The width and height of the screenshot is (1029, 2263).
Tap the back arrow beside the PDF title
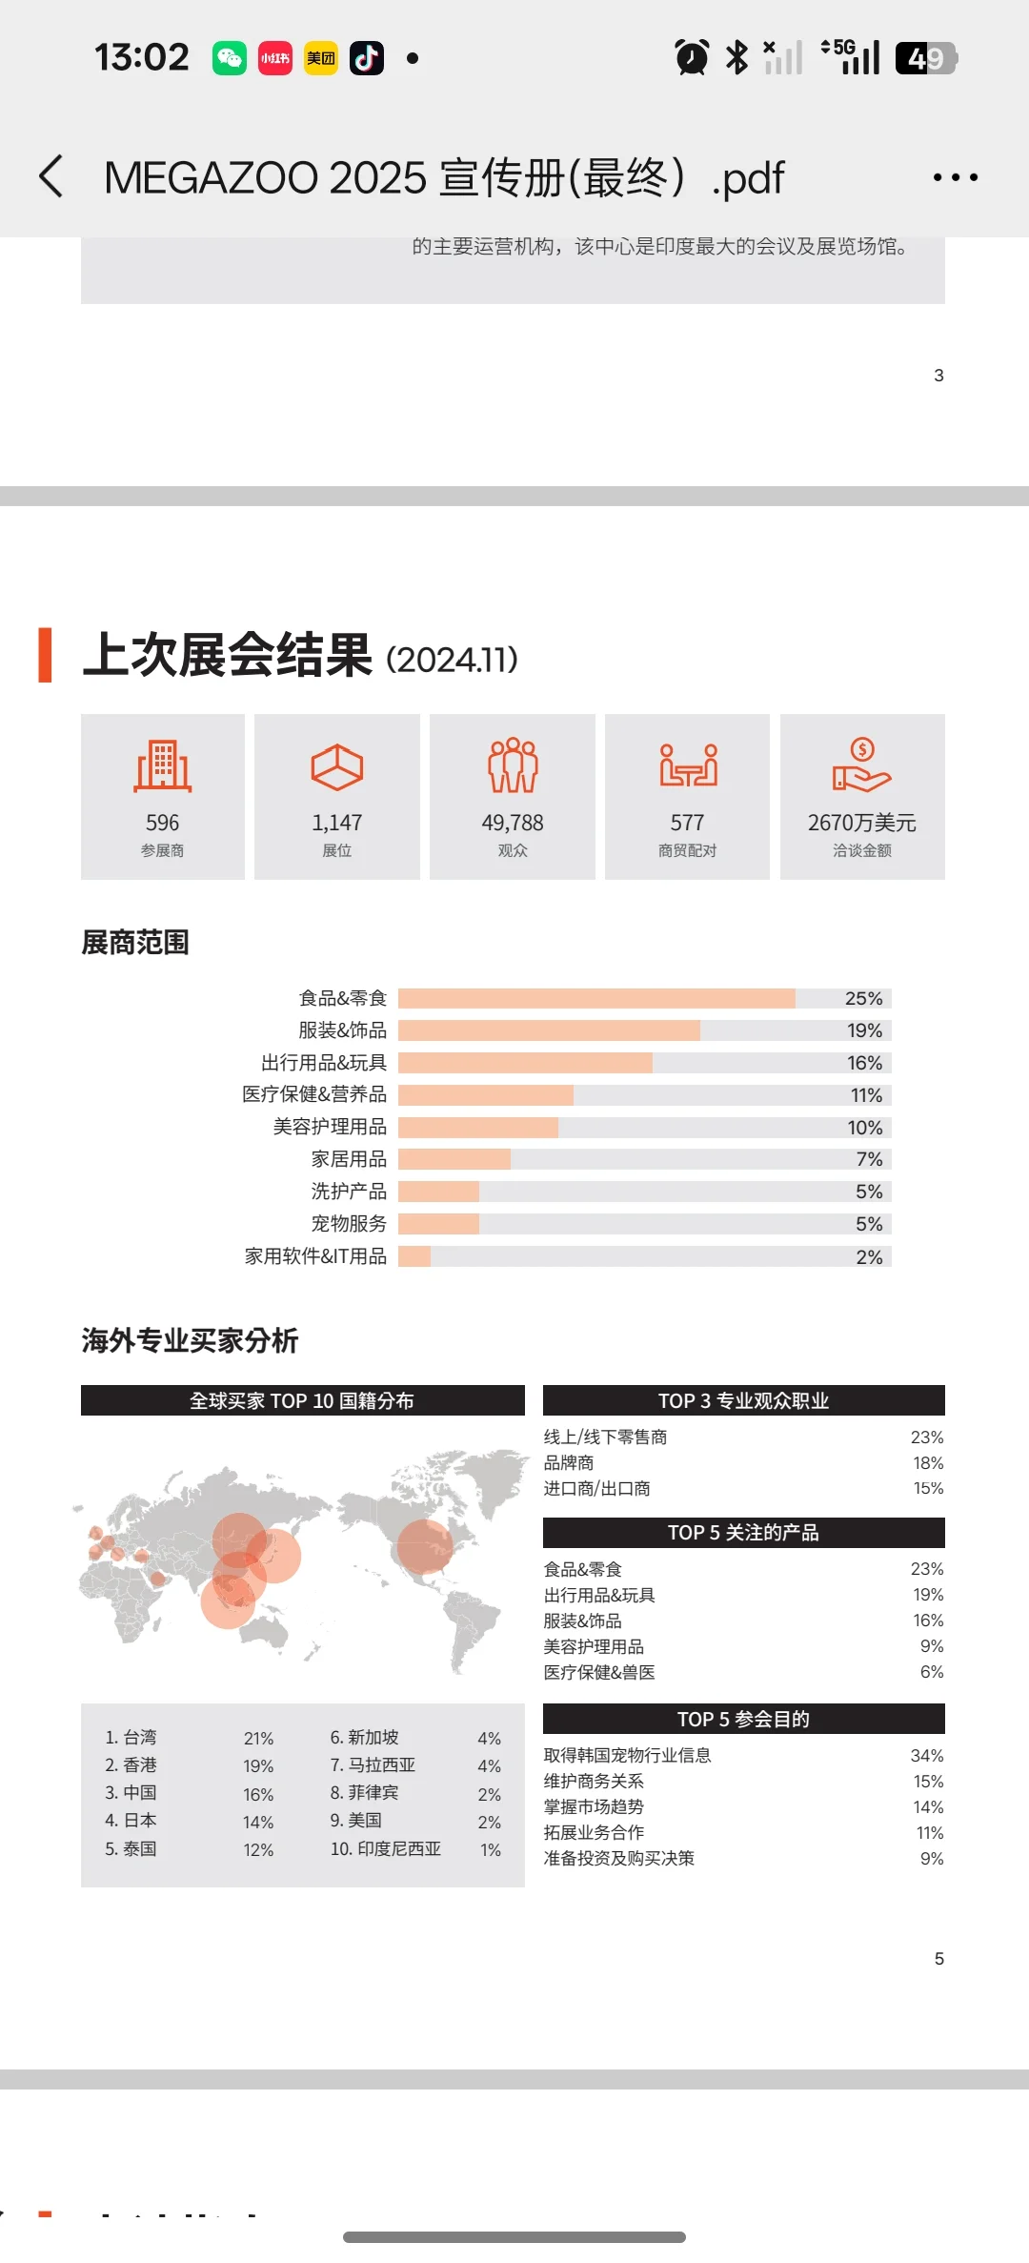point(52,177)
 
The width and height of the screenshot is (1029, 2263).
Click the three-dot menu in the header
point(955,177)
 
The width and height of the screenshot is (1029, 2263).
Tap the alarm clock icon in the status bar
point(692,57)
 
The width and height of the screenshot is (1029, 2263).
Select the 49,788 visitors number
point(513,823)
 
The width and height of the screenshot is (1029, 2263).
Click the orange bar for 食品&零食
point(596,998)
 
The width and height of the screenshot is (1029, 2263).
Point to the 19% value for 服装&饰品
point(864,1030)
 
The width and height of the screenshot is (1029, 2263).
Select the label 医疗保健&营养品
point(314,1094)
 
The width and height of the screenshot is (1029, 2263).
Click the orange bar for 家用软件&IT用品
point(414,1256)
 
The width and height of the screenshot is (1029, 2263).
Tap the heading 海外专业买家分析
point(190,1340)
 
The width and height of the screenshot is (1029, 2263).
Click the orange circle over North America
point(425,1545)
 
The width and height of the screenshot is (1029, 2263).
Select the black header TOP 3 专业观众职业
point(743,1400)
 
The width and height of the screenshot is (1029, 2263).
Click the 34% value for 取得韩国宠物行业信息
point(926,1756)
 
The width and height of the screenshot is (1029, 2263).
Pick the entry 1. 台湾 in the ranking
point(131,1738)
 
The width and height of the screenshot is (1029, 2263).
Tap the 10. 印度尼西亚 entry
point(386,1849)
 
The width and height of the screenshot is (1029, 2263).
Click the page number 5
point(938,1959)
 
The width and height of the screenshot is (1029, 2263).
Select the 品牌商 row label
point(569,1463)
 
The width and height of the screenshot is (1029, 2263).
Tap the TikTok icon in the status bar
point(367,58)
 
